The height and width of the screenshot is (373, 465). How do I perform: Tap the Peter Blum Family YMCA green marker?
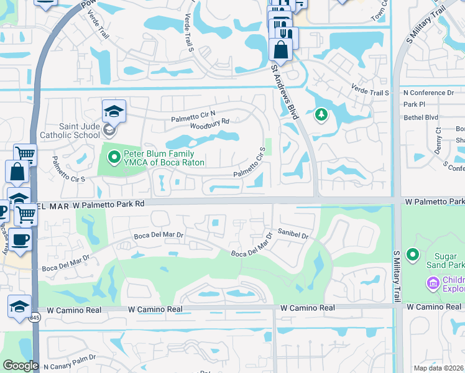point(114,158)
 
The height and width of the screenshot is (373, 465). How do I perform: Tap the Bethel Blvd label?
point(421,117)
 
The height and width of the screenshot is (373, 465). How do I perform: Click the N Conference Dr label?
point(429,92)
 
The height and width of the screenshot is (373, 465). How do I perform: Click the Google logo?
point(20,366)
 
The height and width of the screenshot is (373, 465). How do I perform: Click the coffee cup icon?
point(20,239)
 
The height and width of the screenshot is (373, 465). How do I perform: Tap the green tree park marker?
point(321,114)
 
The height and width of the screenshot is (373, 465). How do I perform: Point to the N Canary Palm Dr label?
point(72,366)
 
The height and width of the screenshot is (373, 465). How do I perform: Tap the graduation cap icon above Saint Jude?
point(114,111)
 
